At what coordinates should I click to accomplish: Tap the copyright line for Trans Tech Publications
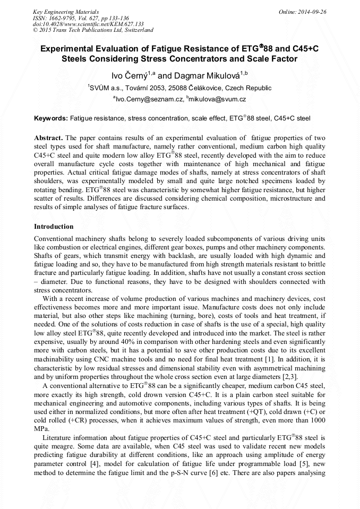coord(93,30)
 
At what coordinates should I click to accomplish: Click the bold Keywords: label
coord(51,118)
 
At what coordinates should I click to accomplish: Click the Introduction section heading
coord(54,227)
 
